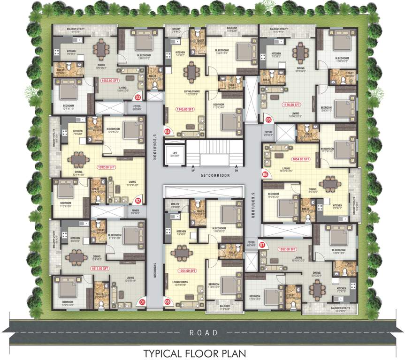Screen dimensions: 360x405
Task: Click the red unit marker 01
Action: click(x=143, y=302)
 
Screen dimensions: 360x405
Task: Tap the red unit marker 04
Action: click(x=167, y=132)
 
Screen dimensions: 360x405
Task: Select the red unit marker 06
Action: click(x=265, y=174)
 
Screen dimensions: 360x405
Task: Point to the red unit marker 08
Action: click(x=168, y=302)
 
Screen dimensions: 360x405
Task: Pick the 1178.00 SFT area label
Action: click(x=291, y=105)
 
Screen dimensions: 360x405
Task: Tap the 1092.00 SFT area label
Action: click(x=106, y=166)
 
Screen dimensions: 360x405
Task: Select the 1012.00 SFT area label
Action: click(x=100, y=269)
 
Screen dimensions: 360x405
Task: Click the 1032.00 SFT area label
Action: click(x=287, y=249)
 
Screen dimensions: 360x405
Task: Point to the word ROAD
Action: click(x=203, y=332)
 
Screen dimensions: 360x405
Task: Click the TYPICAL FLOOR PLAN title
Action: click(x=202, y=352)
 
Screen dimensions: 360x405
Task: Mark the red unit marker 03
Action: click(x=138, y=97)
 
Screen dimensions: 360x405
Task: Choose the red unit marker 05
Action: click(x=269, y=120)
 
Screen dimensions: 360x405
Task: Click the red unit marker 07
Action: click(x=262, y=244)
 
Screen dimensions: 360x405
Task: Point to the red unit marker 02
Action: click(x=138, y=201)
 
